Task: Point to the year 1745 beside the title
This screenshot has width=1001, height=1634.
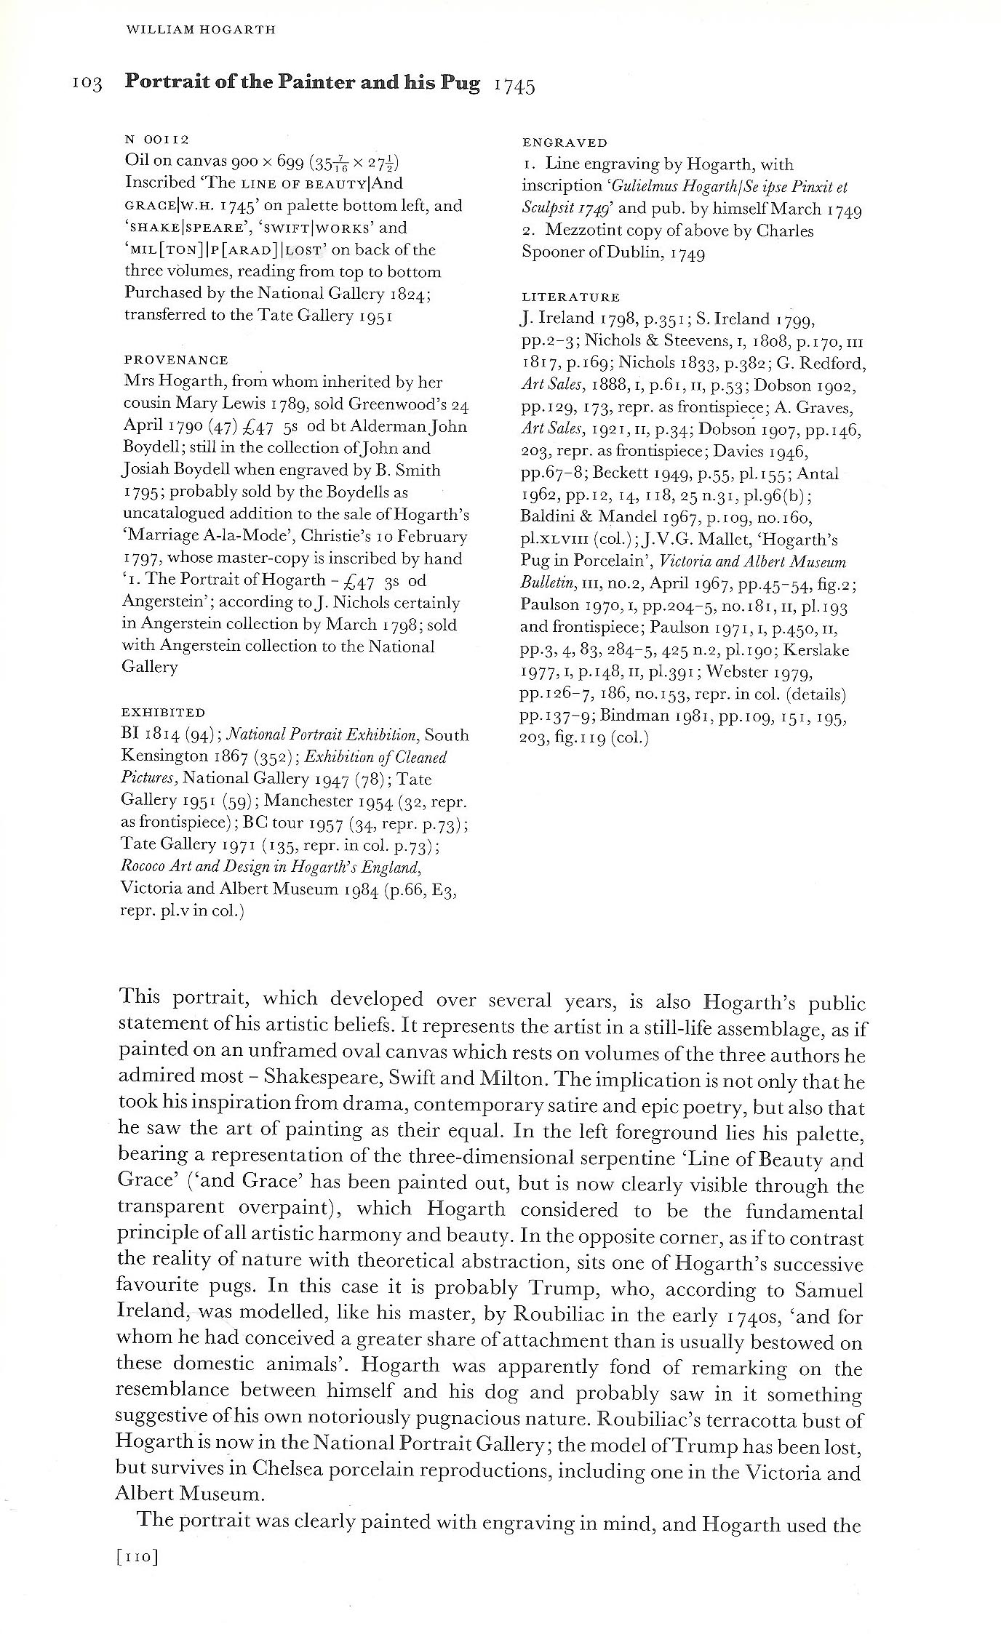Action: pyautogui.click(x=514, y=87)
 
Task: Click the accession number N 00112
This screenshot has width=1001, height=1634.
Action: pyautogui.click(x=157, y=140)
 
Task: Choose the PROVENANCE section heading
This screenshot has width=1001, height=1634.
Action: pyautogui.click(x=176, y=360)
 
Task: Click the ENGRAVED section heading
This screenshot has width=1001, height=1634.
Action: pyautogui.click(x=565, y=143)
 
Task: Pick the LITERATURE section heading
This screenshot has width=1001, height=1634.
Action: pyautogui.click(x=571, y=297)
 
